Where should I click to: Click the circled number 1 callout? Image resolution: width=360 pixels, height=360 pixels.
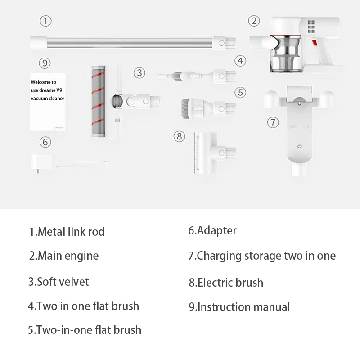(x=45, y=21)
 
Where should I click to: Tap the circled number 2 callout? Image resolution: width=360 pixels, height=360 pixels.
(x=254, y=21)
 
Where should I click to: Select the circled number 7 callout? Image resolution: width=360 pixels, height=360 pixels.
(x=273, y=122)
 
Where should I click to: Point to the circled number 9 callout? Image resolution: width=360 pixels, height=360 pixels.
(x=45, y=63)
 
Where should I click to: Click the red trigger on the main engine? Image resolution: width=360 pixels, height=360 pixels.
(x=314, y=43)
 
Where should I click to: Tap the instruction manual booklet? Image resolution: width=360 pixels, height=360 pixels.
(x=48, y=102)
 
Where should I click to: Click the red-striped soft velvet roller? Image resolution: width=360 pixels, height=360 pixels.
(x=98, y=102)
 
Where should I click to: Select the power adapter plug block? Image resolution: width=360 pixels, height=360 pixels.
(x=43, y=163)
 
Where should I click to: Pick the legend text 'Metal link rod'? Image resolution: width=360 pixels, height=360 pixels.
(x=71, y=231)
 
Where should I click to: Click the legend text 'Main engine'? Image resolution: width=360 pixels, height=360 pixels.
(x=68, y=256)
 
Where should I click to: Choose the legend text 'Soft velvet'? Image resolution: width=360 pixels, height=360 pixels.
(x=63, y=282)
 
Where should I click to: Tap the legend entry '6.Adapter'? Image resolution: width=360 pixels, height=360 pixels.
(x=212, y=230)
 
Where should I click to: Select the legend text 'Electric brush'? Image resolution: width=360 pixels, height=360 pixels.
(x=230, y=283)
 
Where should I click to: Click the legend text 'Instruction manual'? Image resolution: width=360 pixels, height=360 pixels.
(x=243, y=307)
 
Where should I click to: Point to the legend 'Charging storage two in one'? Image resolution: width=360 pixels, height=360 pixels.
(x=266, y=256)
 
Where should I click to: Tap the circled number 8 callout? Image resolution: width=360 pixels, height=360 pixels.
(x=179, y=136)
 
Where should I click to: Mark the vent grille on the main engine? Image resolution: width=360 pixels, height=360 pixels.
(x=311, y=26)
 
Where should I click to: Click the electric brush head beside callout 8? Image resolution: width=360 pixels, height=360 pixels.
(x=215, y=153)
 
